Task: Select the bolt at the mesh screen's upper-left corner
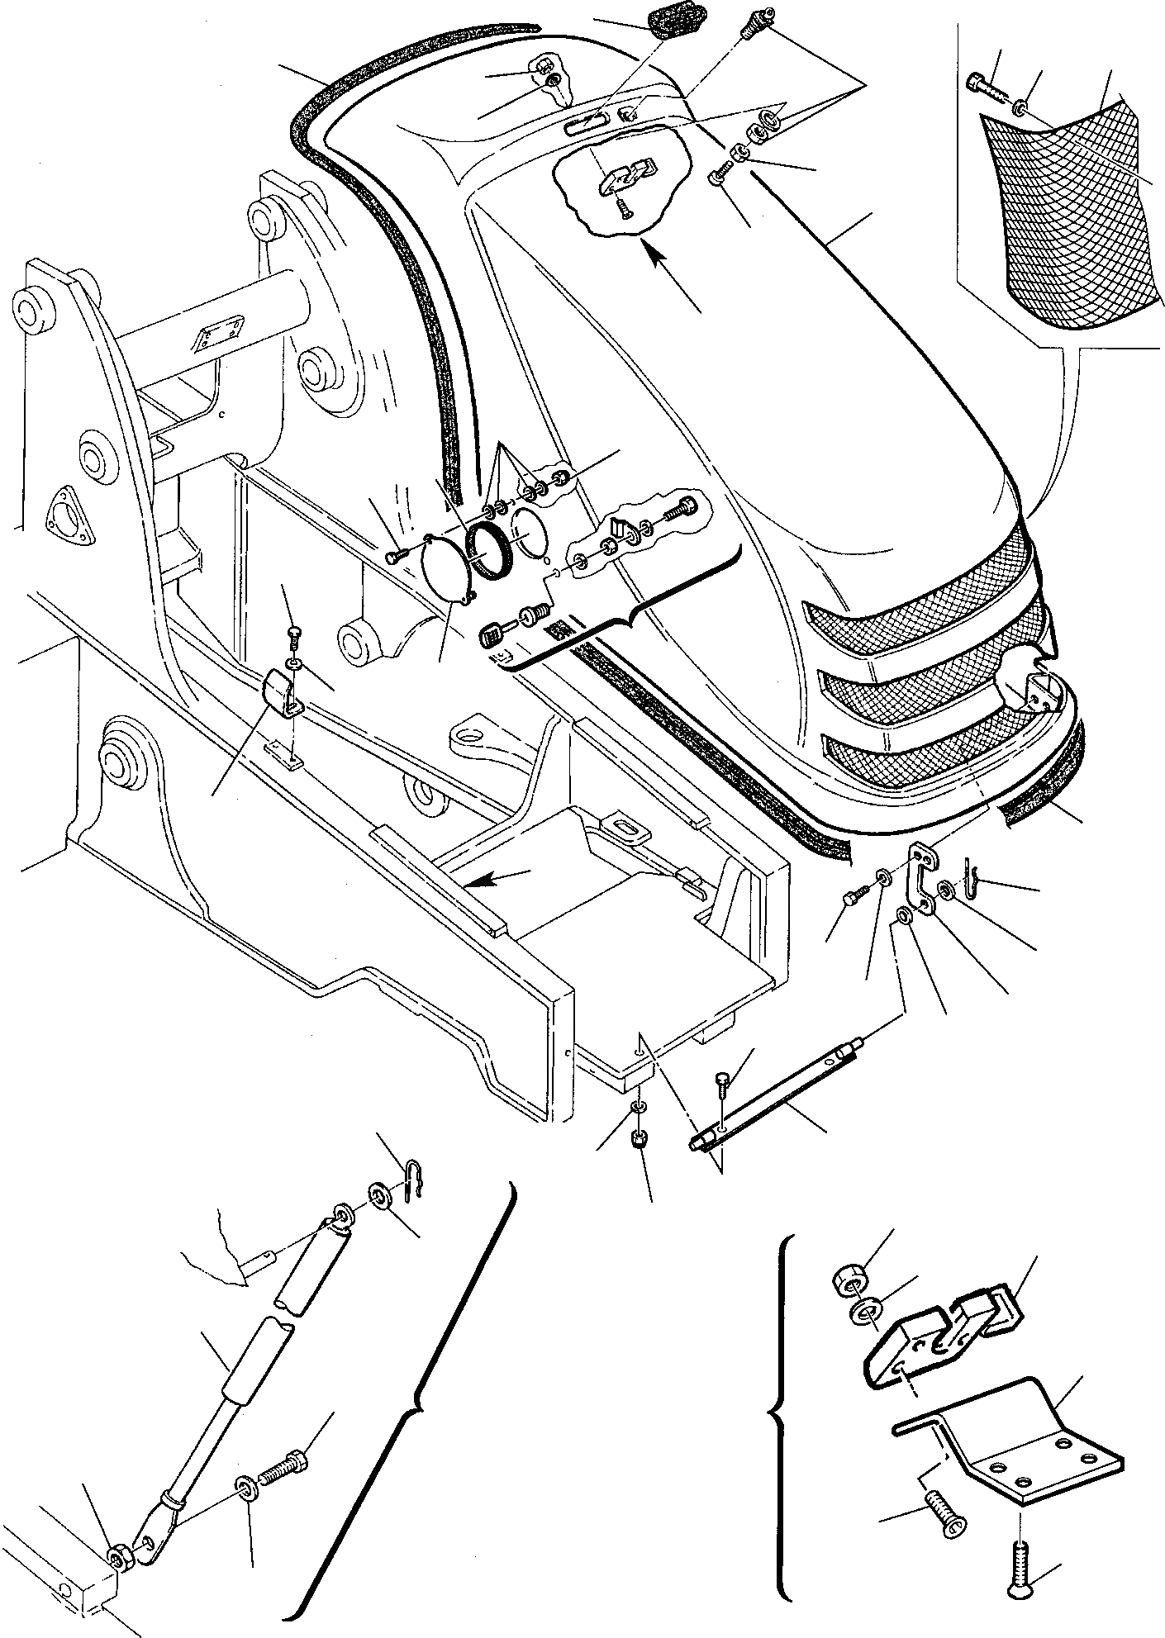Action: coord(983,83)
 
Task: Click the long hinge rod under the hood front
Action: coord(773,1099)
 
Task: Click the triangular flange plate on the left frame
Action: coord(63,516)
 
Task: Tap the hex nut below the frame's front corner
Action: coord(639,1142)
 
